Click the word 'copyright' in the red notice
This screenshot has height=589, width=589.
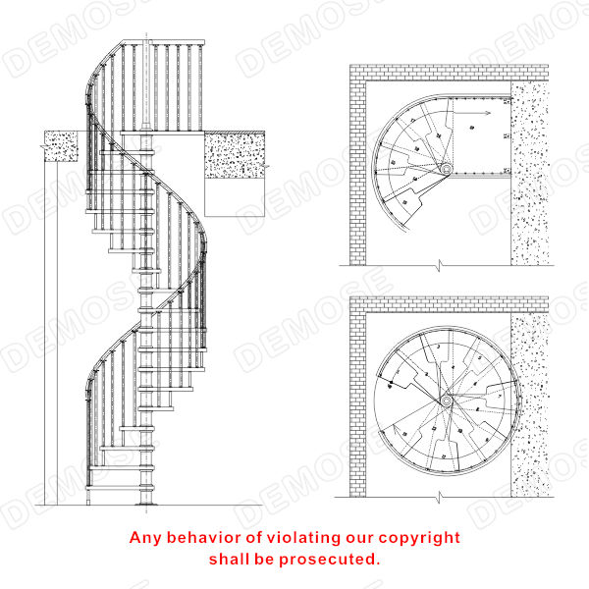(x=418, y=538)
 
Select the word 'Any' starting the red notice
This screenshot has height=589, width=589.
(x=146, y=538)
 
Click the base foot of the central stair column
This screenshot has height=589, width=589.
(x=146, y=498)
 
